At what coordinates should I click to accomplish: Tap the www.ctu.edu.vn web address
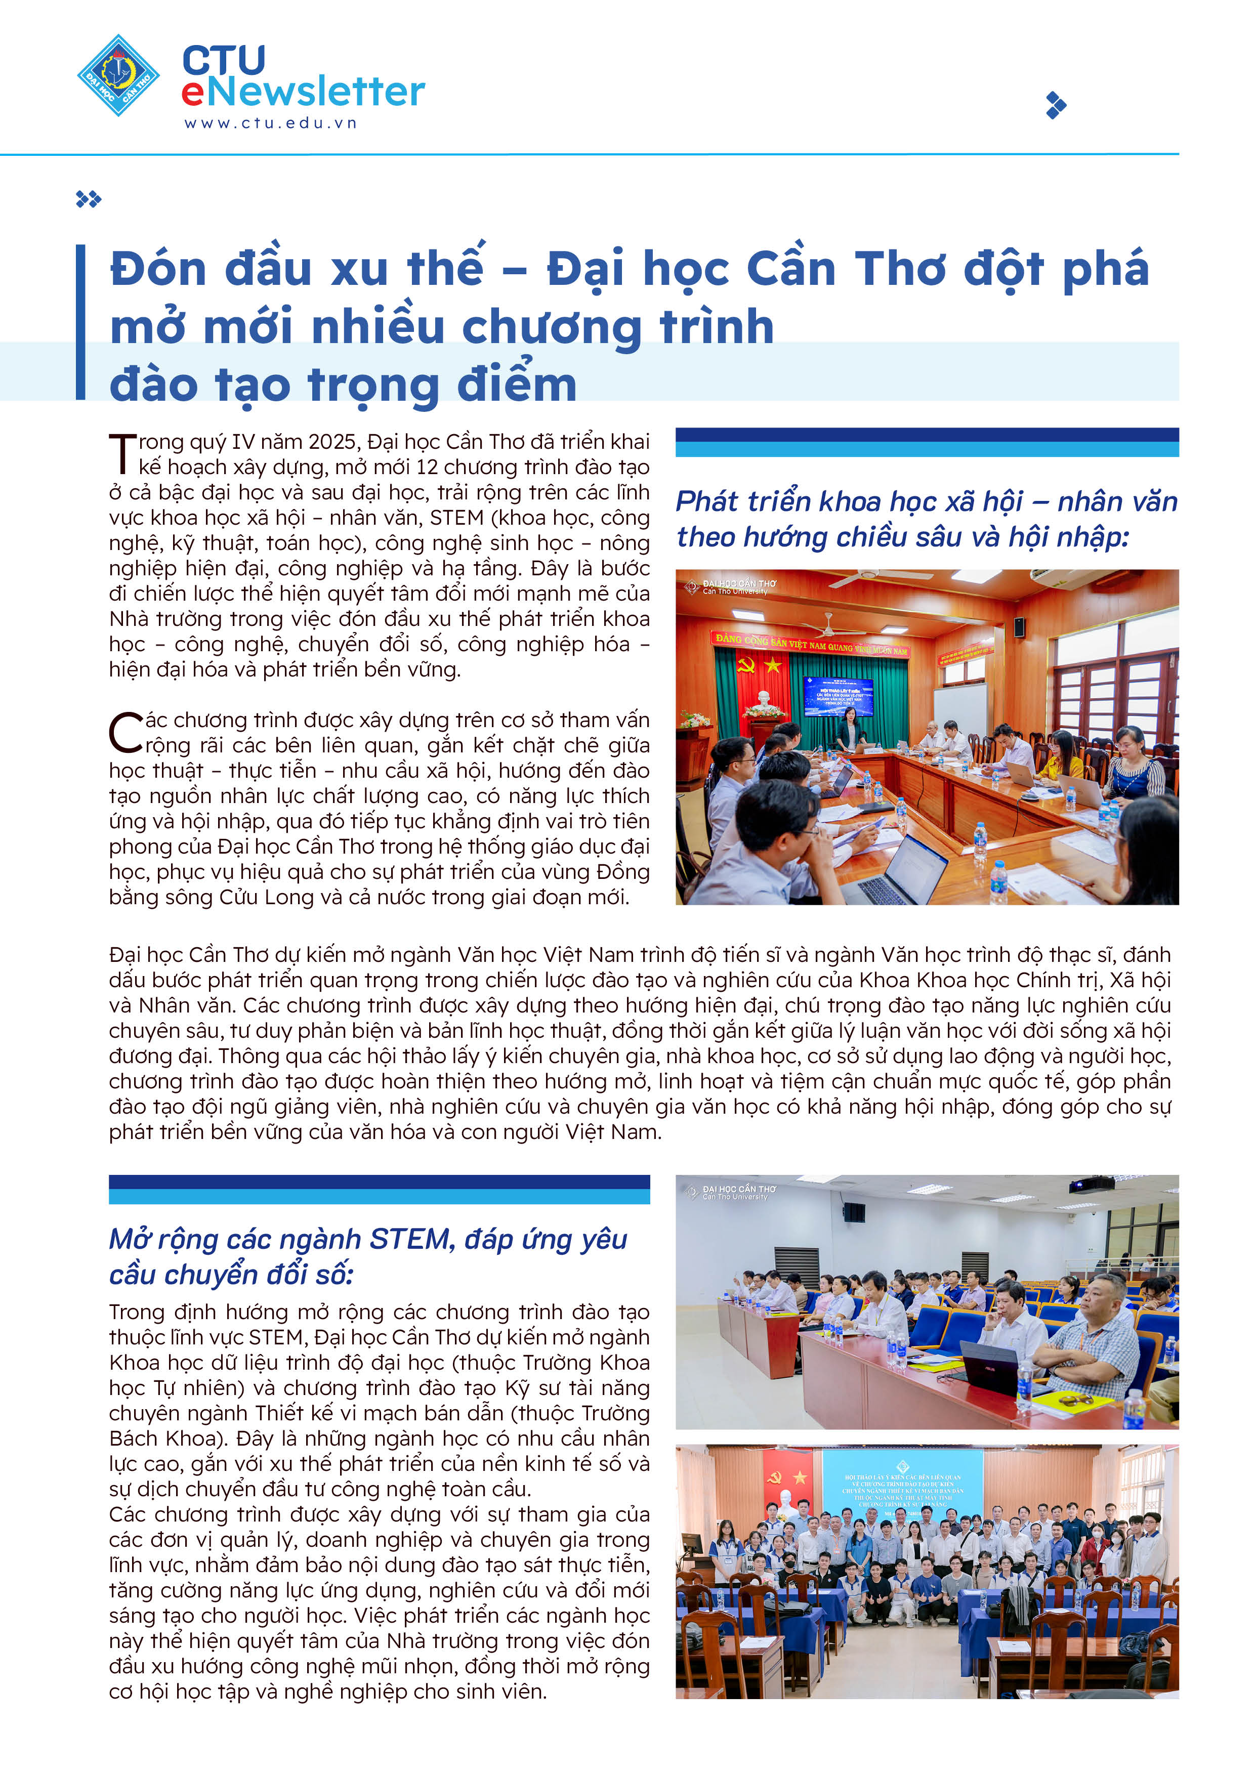tap(270, 123)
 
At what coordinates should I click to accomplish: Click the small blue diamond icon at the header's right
tap(1056, 105)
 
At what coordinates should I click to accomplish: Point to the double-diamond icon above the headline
tap(88, 199)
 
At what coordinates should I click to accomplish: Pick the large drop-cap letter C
tap(126, 732)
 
